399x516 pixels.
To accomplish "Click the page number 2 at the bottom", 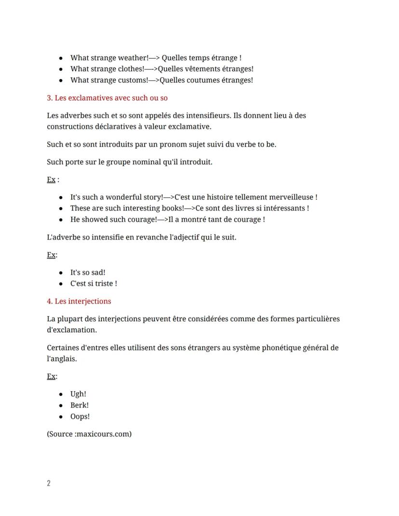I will point(49,483).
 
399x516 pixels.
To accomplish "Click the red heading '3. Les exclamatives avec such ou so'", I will point(107,98).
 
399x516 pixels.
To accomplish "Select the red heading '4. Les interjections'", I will point(79,301).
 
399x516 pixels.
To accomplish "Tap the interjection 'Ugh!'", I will point(78,394).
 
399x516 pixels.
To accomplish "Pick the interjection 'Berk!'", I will point(80,405).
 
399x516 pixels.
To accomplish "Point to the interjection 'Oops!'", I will point(80,416).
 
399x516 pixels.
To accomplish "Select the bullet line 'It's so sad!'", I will point(88,272).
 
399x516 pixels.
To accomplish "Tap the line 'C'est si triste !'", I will point(93,283).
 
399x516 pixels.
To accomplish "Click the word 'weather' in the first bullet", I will point(133,58).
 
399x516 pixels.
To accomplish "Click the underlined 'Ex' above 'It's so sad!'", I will point(51,255).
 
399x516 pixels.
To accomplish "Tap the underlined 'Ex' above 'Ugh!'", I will point(51,376).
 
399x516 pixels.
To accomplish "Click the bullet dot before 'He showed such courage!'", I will point(61,220).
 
